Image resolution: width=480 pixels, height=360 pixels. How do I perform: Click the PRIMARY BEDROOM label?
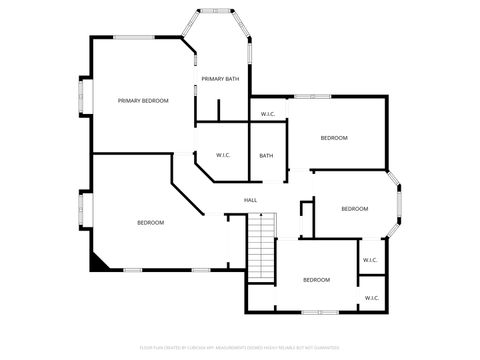point(142,101)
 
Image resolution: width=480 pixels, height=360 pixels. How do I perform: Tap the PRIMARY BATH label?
point(220,79)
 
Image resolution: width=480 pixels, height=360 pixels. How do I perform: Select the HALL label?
point(251,200)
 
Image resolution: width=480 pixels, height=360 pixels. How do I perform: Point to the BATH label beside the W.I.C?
point(266,155)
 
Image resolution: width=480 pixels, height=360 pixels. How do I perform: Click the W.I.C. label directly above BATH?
point(268,114)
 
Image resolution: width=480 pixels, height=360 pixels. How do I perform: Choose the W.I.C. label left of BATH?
point(223,155)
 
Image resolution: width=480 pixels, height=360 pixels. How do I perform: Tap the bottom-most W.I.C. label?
point(371,298)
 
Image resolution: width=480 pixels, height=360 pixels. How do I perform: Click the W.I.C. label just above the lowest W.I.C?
point(369,260)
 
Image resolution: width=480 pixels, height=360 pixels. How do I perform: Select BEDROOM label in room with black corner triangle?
point(150,222)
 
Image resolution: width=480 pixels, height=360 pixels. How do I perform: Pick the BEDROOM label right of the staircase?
point(316,280)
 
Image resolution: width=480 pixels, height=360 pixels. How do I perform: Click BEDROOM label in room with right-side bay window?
point(355,209)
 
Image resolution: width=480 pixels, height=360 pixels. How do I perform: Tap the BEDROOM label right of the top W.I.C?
point(334,137)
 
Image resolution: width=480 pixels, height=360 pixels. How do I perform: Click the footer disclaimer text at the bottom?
point(240,348)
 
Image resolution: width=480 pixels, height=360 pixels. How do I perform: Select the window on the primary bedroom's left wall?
point(82,99)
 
